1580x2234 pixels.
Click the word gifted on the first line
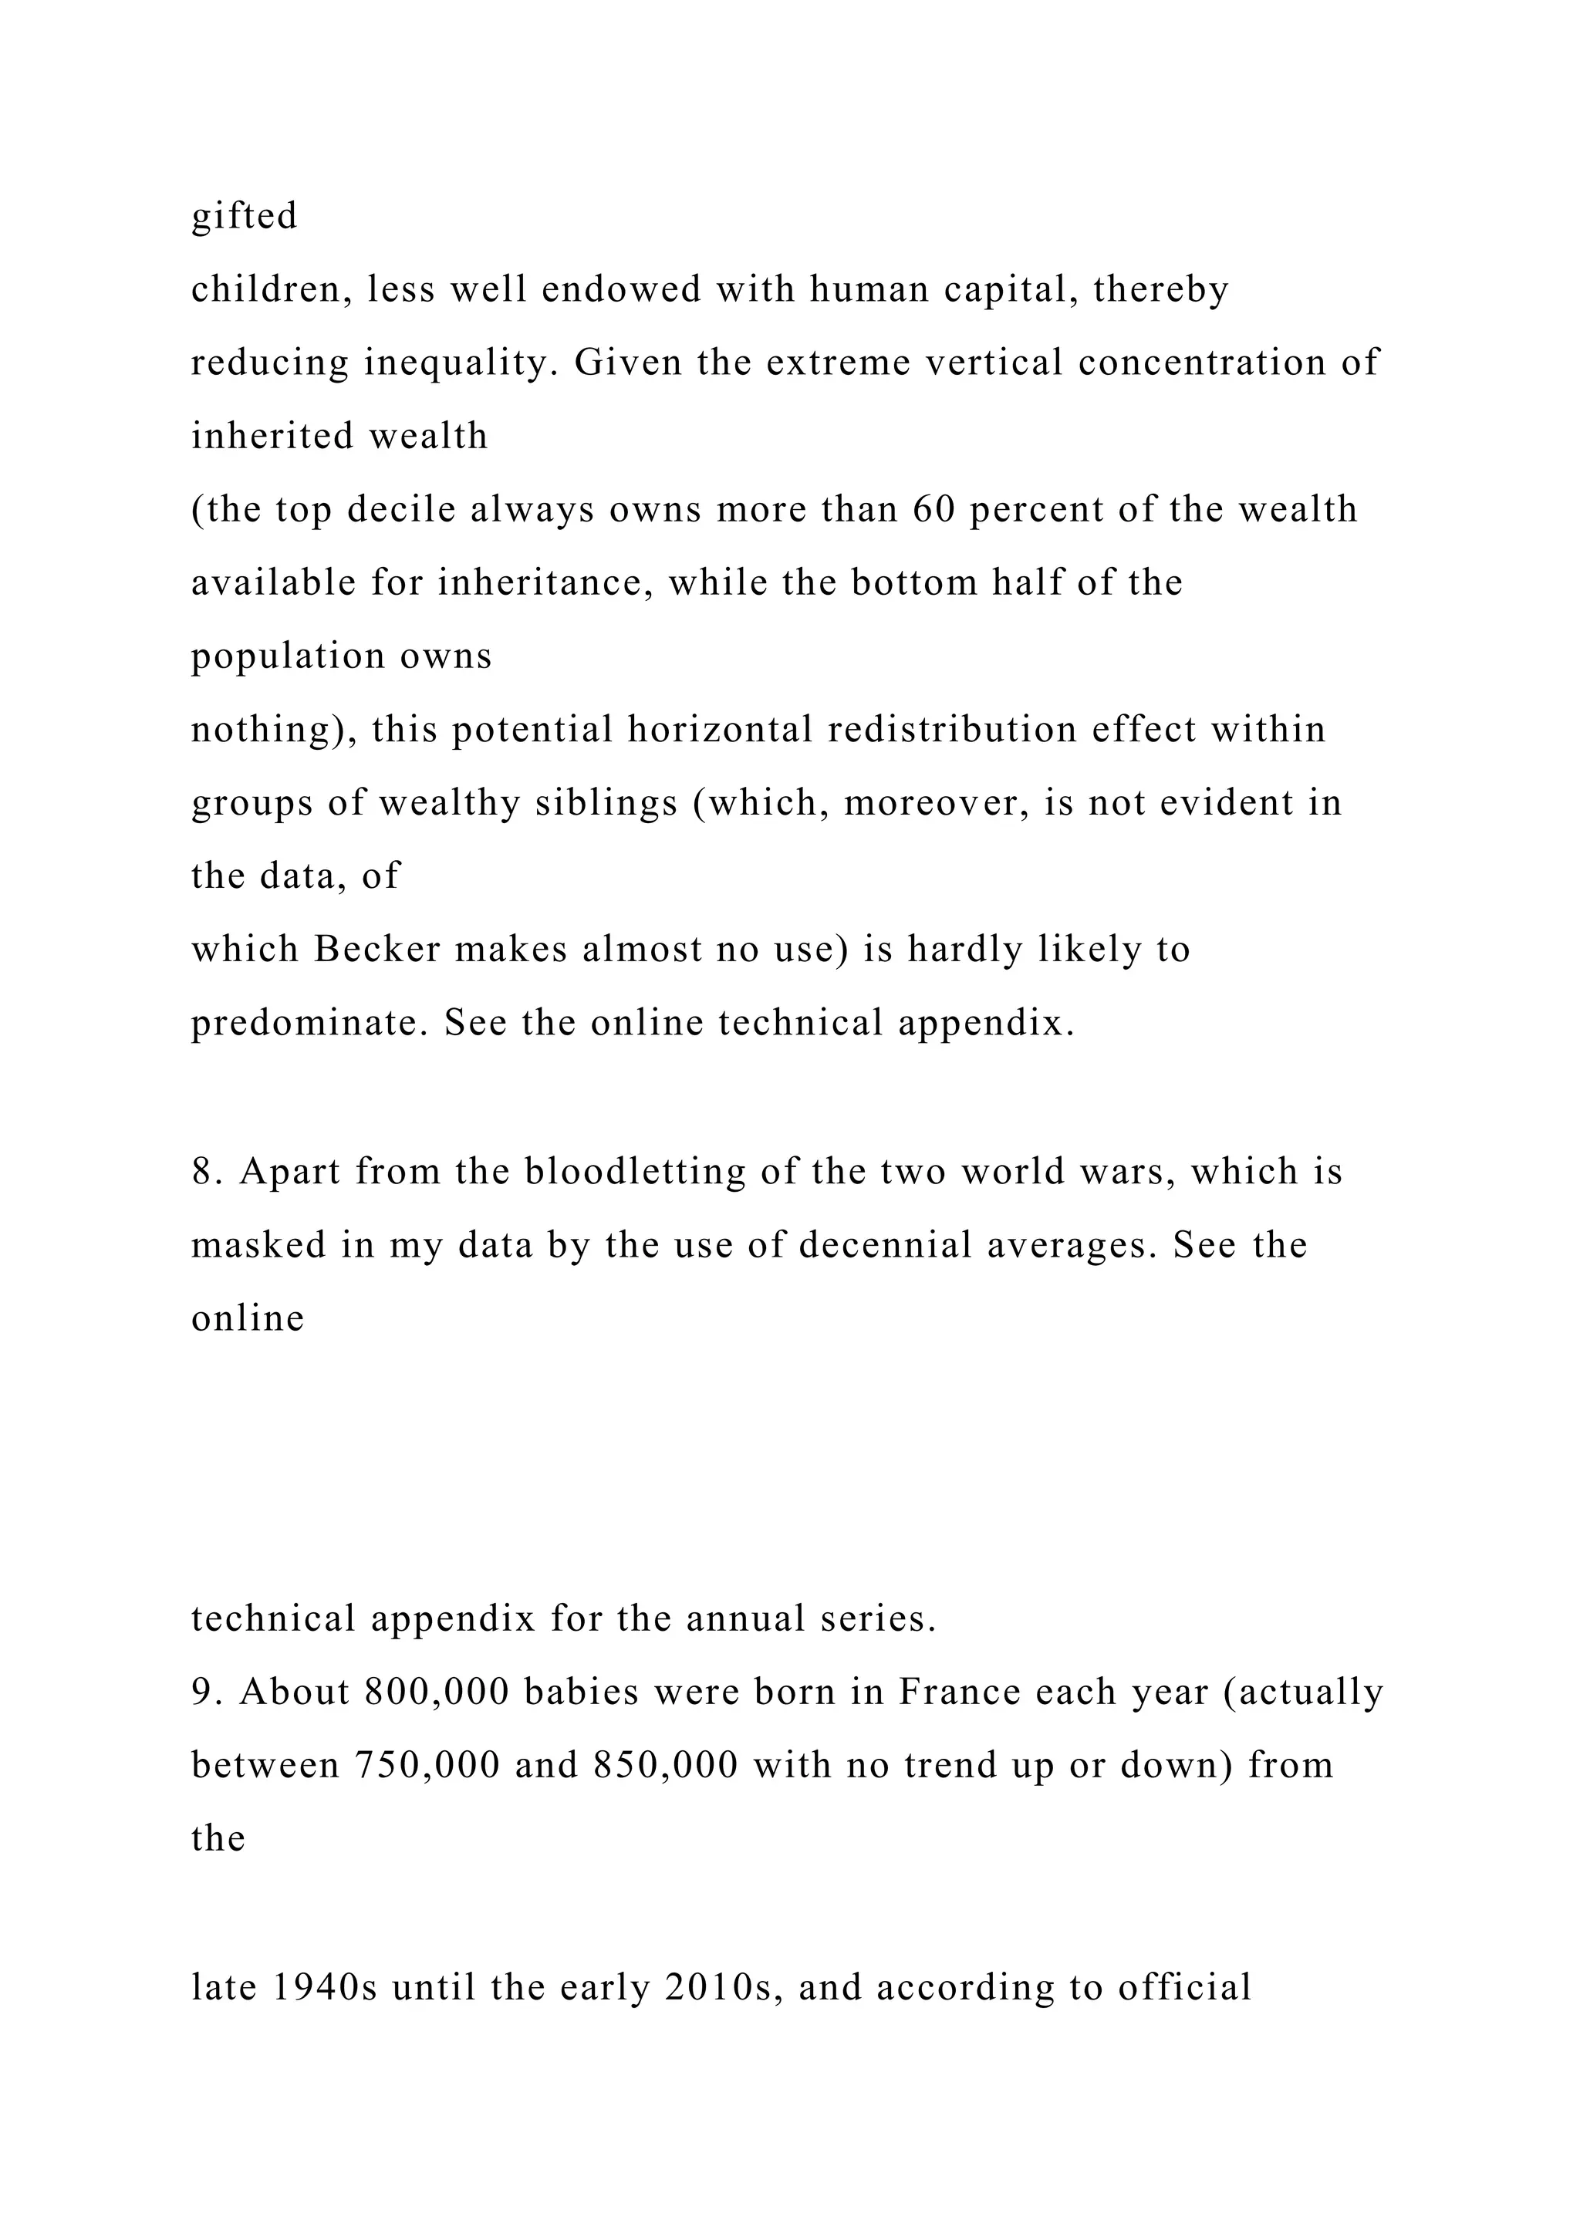click(x=245, y=216)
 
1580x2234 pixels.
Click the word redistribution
click(x=953, y=730)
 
